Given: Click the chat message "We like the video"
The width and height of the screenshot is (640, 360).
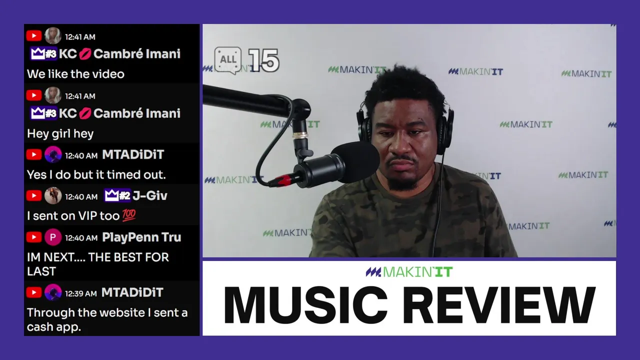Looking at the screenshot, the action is click(75, 74).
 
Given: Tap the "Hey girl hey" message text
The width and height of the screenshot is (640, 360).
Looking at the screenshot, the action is click(60, 133).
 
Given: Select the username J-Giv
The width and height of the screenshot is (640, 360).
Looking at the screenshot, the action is click(150, 195).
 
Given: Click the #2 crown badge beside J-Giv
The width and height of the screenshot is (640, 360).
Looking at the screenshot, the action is click(117, 195).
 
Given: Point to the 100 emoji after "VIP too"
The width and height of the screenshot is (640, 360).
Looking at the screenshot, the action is click(129, 215).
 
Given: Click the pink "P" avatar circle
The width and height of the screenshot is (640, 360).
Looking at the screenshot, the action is click(53, 237).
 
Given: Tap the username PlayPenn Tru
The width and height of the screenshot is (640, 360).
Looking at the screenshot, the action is click(141, 237).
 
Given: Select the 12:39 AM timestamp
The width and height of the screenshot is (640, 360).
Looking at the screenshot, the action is click(81, 293).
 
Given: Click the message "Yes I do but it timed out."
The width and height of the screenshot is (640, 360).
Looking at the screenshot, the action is click(96, 174).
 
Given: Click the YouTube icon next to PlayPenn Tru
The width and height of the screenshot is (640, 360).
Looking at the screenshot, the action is click(34, 237).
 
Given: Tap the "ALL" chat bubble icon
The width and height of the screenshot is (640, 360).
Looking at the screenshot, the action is click(227, 60).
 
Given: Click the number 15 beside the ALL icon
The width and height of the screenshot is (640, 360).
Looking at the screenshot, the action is click(263, 60).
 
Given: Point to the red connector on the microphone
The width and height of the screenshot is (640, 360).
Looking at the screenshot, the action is click(283, 179).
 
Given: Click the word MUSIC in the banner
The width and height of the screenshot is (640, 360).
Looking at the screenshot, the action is click(305, 304).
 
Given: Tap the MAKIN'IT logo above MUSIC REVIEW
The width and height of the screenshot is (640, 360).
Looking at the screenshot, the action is click(409, 271).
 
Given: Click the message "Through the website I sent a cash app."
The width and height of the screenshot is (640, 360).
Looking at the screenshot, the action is click(107, 319).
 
